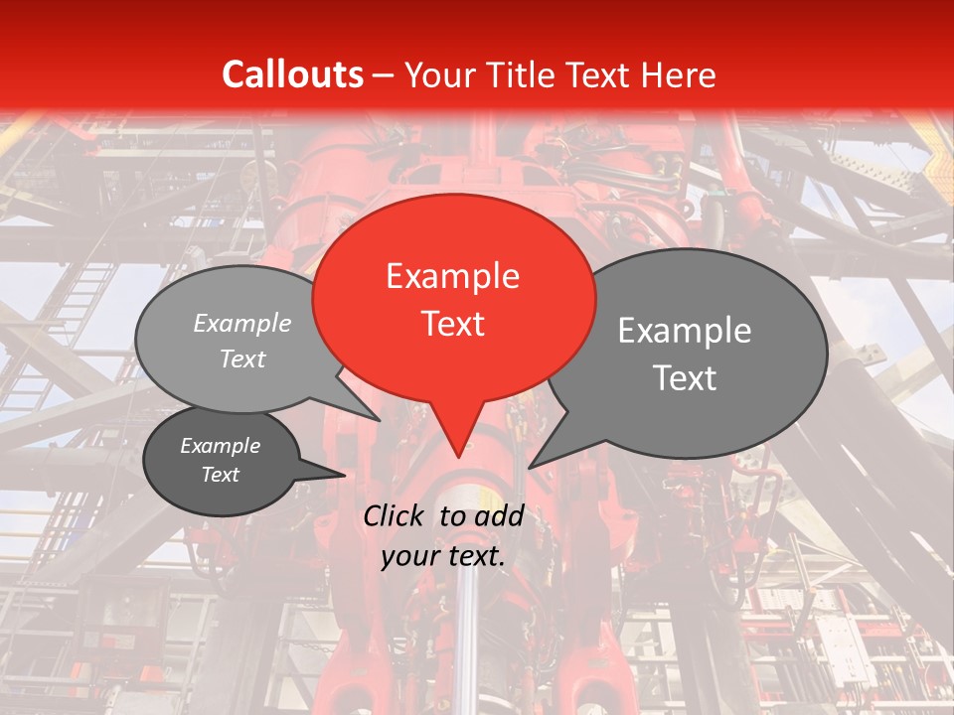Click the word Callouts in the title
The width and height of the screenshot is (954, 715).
tap(292, 74)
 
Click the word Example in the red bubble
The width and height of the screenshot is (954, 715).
tap(452, 276)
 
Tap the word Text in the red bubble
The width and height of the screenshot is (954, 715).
tap(453, 324)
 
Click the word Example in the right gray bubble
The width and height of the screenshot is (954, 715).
tap(685, 331)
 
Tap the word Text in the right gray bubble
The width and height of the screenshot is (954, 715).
tap(685, 378)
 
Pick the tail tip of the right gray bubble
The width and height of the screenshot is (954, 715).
tap(531, 466)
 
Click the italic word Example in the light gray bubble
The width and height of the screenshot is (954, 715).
tap(241, 324)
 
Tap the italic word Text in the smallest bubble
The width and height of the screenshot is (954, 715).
tap(221, 475)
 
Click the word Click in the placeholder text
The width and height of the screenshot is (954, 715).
tap(396, 515)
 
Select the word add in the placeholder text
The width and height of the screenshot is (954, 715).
tap(500, 515)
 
